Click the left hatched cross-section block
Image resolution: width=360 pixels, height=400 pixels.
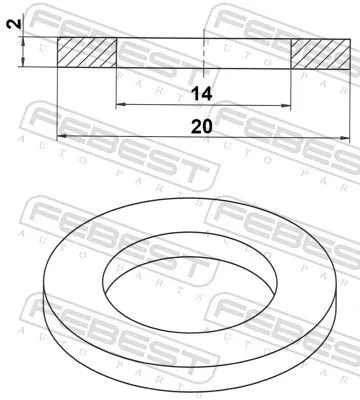(87, 53)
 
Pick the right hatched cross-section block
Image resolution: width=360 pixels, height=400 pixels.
(320, 53)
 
